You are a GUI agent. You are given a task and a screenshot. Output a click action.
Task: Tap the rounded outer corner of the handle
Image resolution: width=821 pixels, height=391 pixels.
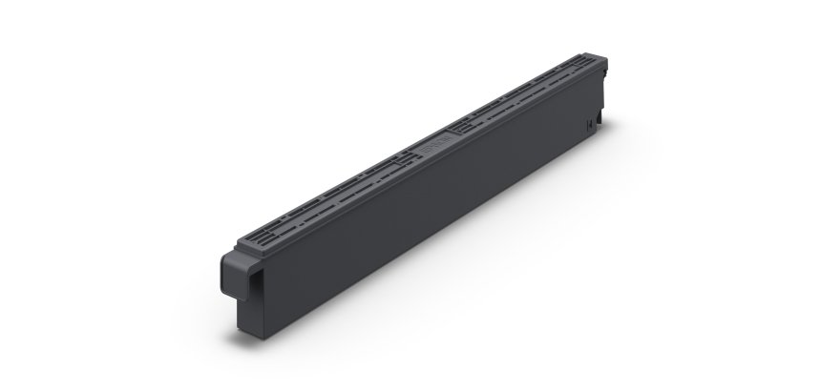[221, 257]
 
